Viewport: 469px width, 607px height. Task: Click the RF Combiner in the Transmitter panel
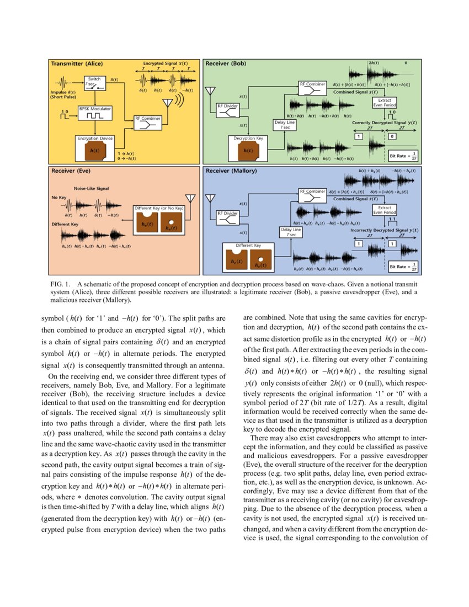click(147, 121)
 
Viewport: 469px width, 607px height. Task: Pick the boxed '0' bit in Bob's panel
click(392, 136)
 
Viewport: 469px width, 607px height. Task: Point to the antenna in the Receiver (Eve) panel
click(190, 198)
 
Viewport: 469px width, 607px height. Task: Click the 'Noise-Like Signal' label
click(92, 189)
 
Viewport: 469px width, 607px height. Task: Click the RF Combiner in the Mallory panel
click(313, 192)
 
